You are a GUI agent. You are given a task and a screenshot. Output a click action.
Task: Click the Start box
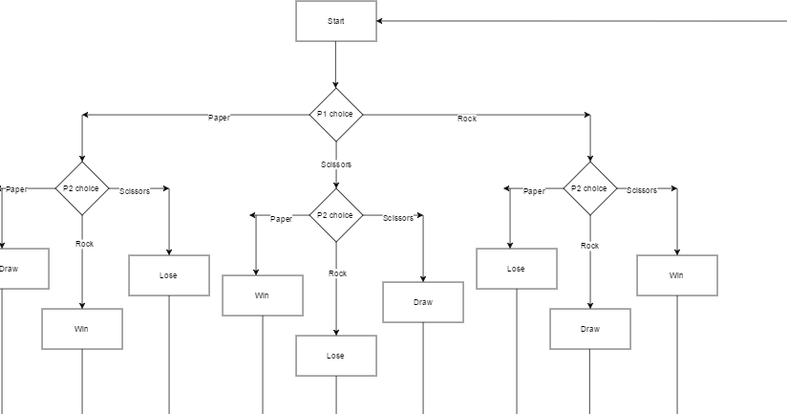[x=336, y=21]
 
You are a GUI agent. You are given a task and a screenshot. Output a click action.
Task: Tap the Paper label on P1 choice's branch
[x=219, y=118]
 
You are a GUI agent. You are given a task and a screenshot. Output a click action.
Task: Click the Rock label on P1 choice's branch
[x=467, y=119]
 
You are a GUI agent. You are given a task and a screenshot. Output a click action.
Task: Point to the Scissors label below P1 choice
[x=336, y=164]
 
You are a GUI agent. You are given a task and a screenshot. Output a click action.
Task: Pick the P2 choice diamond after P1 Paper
[x=82, y=188]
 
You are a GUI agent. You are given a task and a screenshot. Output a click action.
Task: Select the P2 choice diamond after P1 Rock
[x=590, y=188]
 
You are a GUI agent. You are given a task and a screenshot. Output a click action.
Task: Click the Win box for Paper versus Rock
[x=82, y=329]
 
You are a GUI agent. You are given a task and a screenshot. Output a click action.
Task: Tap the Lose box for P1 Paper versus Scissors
[x=169, y=275]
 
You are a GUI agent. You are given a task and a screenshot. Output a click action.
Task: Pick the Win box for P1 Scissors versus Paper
[x=263, y=295]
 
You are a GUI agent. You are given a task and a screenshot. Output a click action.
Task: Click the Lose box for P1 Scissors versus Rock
[x=336, y=356]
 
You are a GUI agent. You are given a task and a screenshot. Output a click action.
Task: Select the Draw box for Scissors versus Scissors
[x=423, y=302]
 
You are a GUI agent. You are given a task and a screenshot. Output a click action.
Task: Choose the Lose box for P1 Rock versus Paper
[x=517, y=269]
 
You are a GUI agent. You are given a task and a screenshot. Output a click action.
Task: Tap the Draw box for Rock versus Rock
[x=590, y=329]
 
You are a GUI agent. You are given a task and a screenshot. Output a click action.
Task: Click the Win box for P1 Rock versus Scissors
[x=677, y=275]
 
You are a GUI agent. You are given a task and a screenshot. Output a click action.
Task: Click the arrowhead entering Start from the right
[x=382, y=21]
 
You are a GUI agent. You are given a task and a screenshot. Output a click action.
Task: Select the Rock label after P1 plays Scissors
[x=337, y=273]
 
